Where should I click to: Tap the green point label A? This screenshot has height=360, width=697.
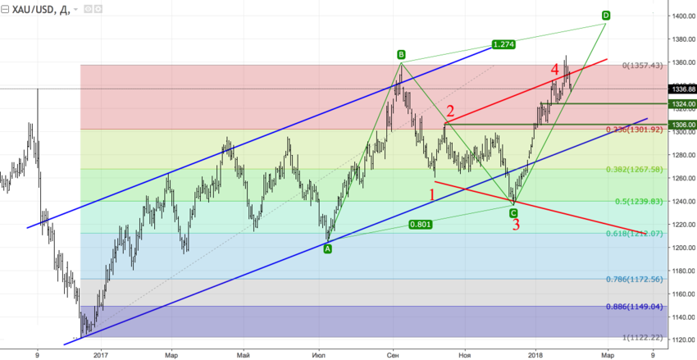pyautogui.click(x=328, y=249)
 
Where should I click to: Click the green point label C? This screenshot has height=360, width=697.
pyautogui.click(x=513, y=212)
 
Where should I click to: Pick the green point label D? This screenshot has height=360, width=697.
pyautogui.click(x=605, y=15)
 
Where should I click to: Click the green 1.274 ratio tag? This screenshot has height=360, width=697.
pyautogui.click(x=503, y=43)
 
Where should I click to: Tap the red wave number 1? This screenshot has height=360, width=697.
pyautogui.click(x=433, y=194)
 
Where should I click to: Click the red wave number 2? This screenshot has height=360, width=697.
pyautogui.click(x=450, y=112)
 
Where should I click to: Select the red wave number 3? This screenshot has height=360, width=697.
pyautogui.click(x=516, y=225)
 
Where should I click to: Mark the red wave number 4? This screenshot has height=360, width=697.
pyautogui.click(x=555, y=68)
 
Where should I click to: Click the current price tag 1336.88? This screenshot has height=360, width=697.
pyautogui.click(x=682, y=89)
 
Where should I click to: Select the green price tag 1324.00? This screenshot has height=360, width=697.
pyautogui.click(x=682, y=104)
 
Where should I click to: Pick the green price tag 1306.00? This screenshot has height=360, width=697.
pyautogui.click(x=682, y=125)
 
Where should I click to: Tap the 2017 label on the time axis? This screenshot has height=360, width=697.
pyautogui.click(x=101, y=354)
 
